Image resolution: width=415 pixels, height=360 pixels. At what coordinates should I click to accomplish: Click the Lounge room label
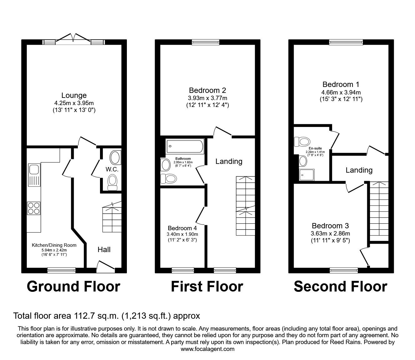74,95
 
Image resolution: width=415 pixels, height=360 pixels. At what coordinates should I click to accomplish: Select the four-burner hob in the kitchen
33,208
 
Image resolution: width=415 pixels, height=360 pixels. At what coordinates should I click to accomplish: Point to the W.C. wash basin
116,157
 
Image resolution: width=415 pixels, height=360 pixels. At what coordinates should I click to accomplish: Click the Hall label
104,249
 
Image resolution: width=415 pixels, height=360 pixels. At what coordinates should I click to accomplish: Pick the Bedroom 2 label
207,90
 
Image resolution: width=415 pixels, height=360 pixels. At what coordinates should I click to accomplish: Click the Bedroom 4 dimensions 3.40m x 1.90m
183,234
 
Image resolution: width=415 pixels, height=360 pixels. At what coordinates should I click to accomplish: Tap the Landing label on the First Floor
229,161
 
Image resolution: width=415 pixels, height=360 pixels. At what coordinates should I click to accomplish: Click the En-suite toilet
302,141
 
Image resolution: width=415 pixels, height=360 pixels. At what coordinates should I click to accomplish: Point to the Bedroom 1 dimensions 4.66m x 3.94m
341,92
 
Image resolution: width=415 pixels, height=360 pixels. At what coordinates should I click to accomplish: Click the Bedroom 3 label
330,226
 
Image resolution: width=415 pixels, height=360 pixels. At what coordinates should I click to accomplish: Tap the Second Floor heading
340,286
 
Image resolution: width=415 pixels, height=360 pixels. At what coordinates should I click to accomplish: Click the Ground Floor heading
73,286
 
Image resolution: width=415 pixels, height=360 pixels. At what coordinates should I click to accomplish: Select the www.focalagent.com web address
207,349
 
